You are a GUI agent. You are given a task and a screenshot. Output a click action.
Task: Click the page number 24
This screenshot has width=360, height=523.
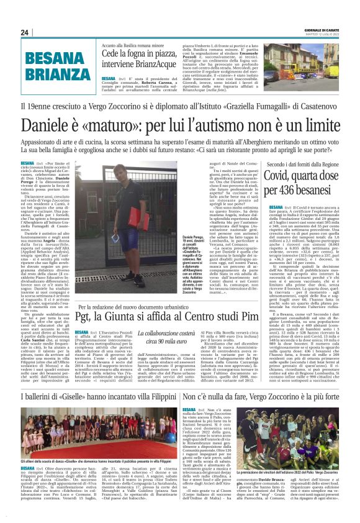pos(25,33)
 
